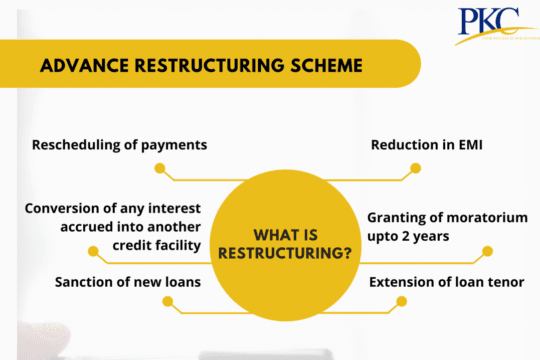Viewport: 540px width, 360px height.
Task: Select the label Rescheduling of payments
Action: point(120,144)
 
